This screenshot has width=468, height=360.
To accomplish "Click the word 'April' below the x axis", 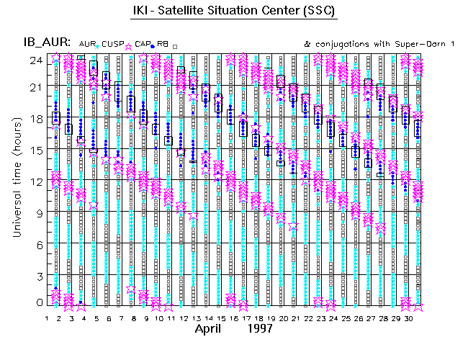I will click(213, 328).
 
